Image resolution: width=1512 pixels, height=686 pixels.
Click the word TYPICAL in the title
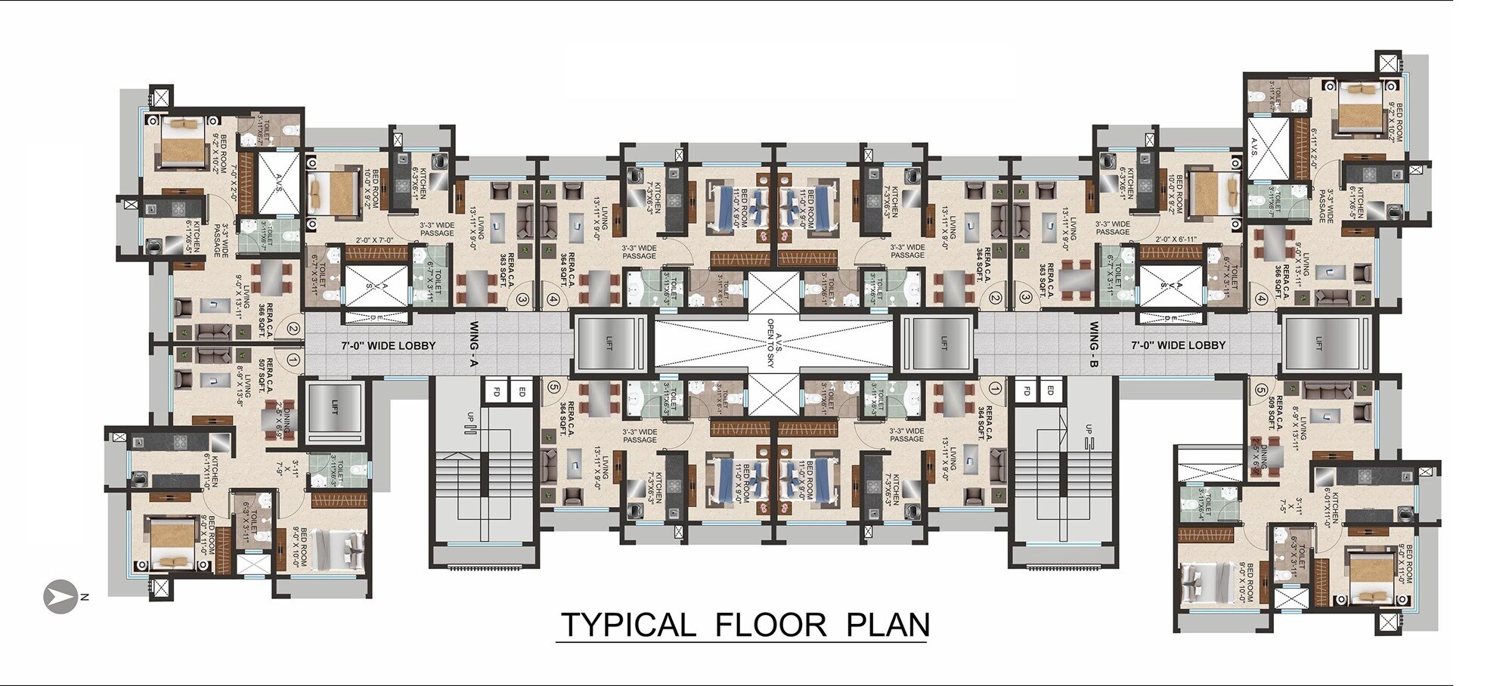tap(627, 626)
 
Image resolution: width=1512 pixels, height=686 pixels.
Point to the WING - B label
tap(1094, 345)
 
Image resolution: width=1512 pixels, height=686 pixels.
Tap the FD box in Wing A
tap(497, 392)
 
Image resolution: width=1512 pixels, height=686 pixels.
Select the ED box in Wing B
tap(1049, 391)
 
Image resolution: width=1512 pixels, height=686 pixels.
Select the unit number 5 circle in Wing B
tap(1261, 391)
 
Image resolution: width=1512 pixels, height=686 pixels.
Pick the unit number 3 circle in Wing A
tap(522, 300)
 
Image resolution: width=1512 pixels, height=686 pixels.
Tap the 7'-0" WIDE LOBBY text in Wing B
tap(1178, 345)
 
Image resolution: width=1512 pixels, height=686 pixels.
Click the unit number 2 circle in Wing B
tap(996, 299)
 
